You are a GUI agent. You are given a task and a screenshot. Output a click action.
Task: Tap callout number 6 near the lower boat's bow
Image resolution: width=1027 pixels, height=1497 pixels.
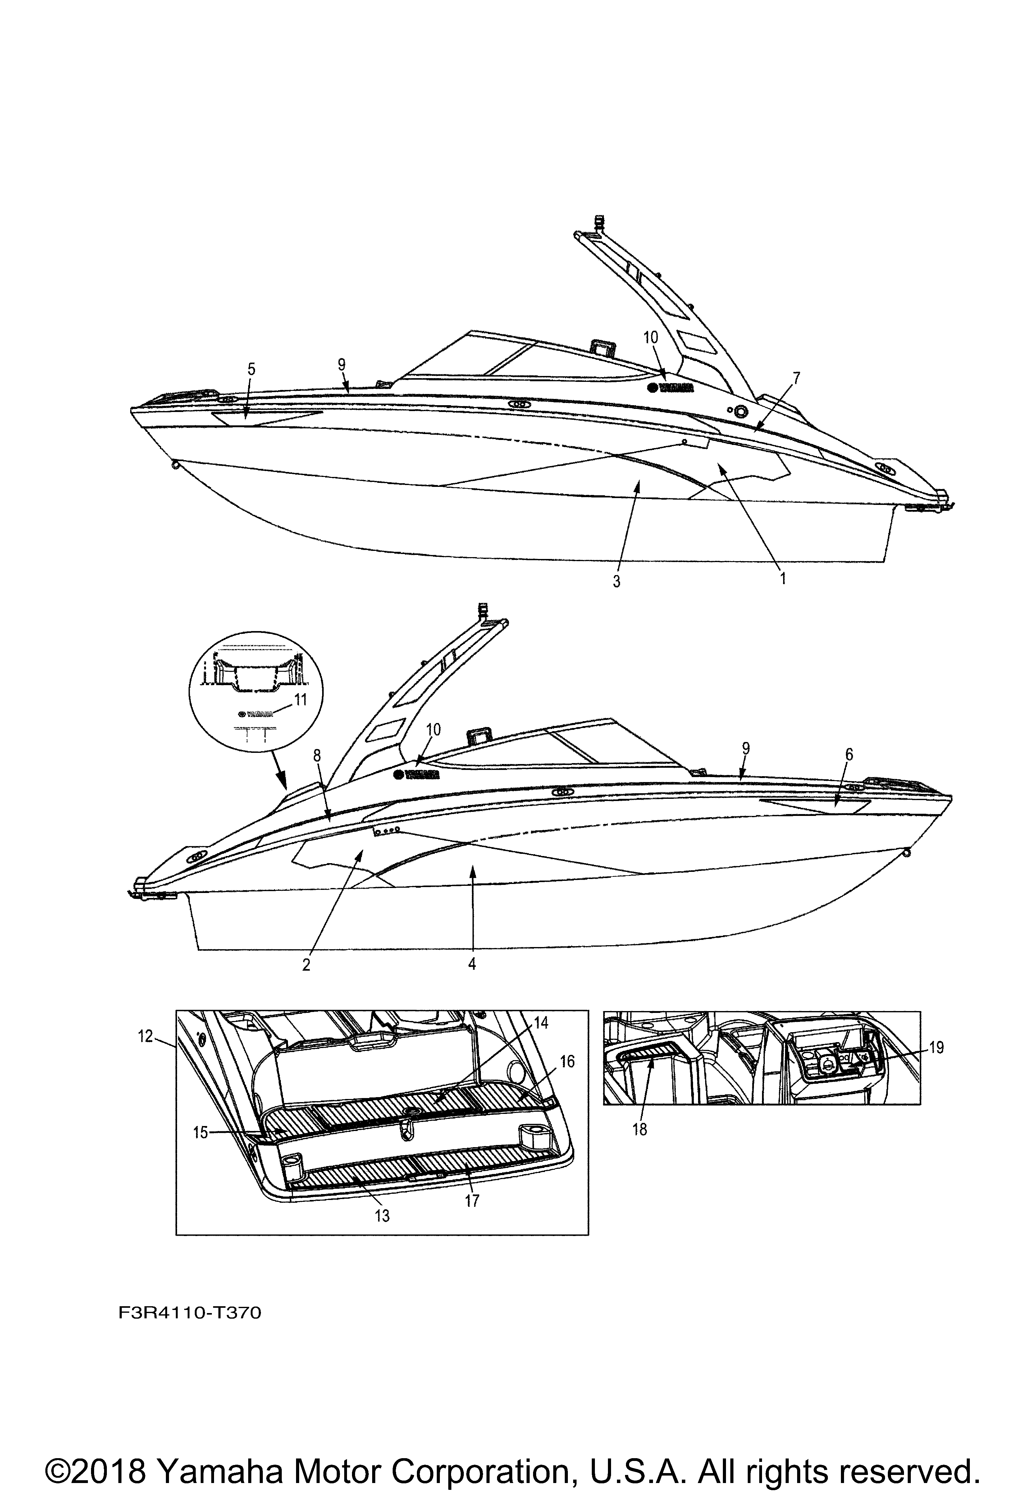coord(849,755)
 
